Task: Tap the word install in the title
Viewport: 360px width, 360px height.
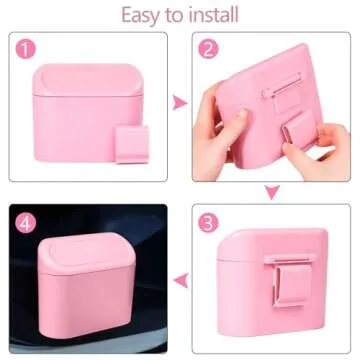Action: click(x=210, y=14)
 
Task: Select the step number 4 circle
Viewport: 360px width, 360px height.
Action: click(x=25, y=222)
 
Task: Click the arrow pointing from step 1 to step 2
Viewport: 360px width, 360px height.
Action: click(x=179, y=101)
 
